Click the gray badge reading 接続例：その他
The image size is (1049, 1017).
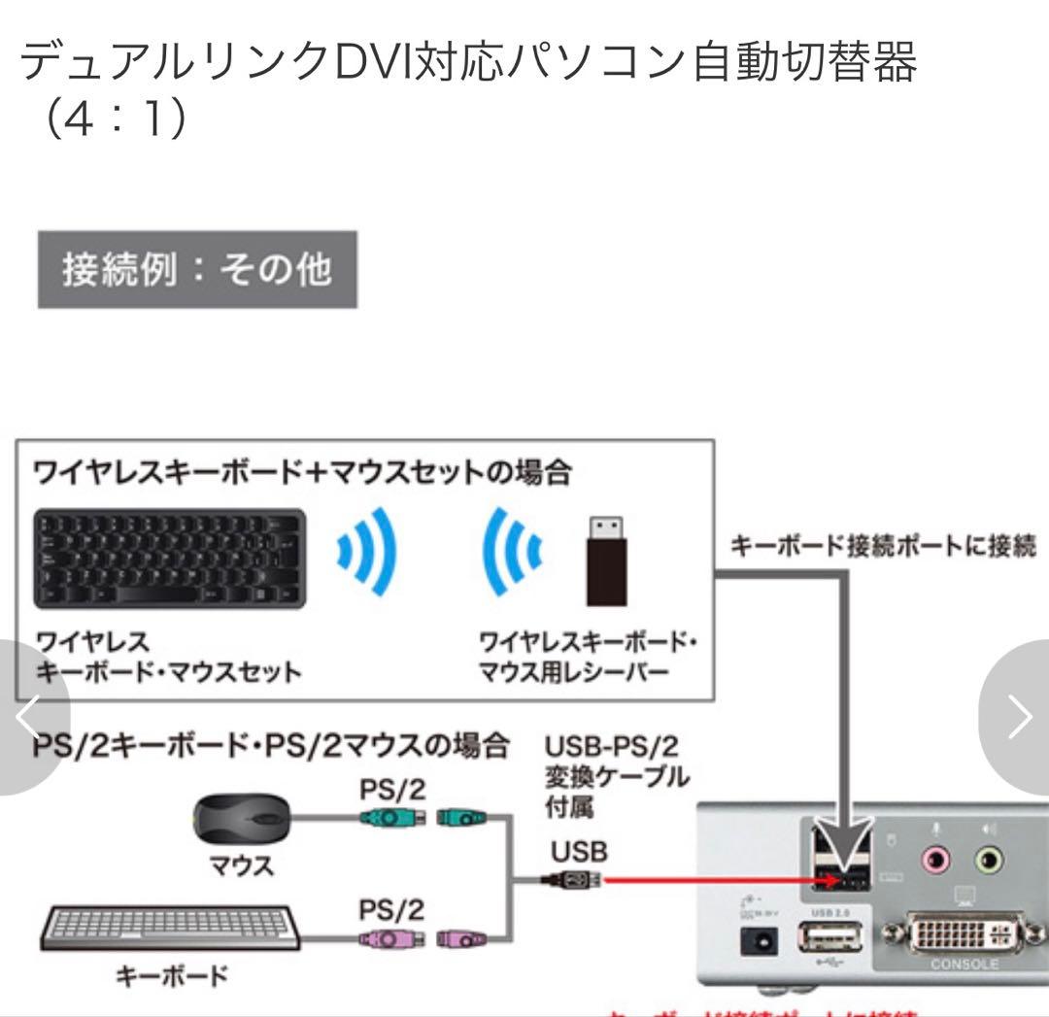[x=197, y=269]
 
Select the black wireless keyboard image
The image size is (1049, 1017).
[x=169, y=559]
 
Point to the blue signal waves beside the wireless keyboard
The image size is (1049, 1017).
[x=368, y=553]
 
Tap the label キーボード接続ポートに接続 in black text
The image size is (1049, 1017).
[x=882, y=546]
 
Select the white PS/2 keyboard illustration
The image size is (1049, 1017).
[x=170, y=929]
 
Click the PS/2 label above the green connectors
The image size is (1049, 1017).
[x=392, y=789]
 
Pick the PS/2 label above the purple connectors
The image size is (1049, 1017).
[x=392, y=910]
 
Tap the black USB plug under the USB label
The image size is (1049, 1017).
[x=573, y=881]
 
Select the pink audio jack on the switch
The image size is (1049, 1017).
[x=934, y=859]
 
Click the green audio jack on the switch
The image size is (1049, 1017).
[x=988, y=859]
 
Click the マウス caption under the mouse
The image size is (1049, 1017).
[x=242, y=865]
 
